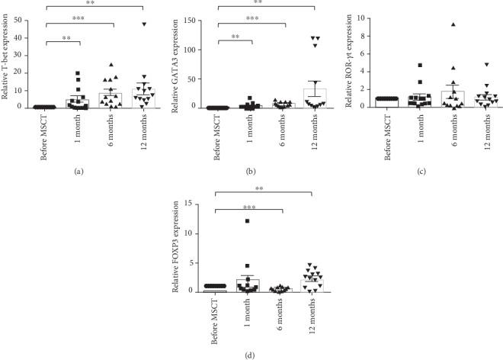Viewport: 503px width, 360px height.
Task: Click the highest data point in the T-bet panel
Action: (x=143, y=24)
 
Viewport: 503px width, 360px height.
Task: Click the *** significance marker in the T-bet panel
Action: (x=79, y=18)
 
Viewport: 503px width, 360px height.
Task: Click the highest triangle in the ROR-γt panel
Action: (x=432, y=25)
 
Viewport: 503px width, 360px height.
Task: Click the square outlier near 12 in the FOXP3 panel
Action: (x=247, y=221)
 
